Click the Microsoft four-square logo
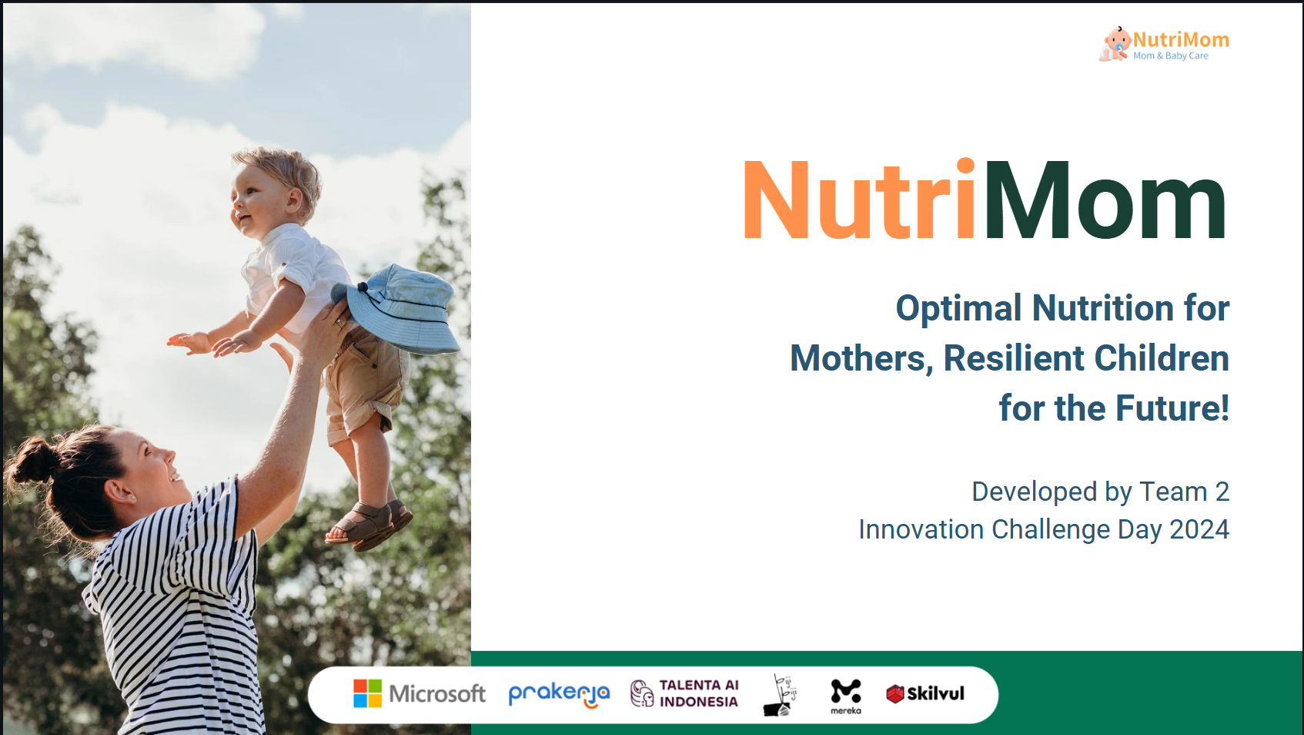367,693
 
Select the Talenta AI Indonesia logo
684,693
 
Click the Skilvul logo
925,693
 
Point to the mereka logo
846,696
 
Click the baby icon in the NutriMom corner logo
1114,44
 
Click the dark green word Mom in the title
1105,200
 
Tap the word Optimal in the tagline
958,308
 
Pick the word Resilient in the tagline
1014,358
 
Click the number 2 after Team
1222,492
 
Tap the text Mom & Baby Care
1171,56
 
